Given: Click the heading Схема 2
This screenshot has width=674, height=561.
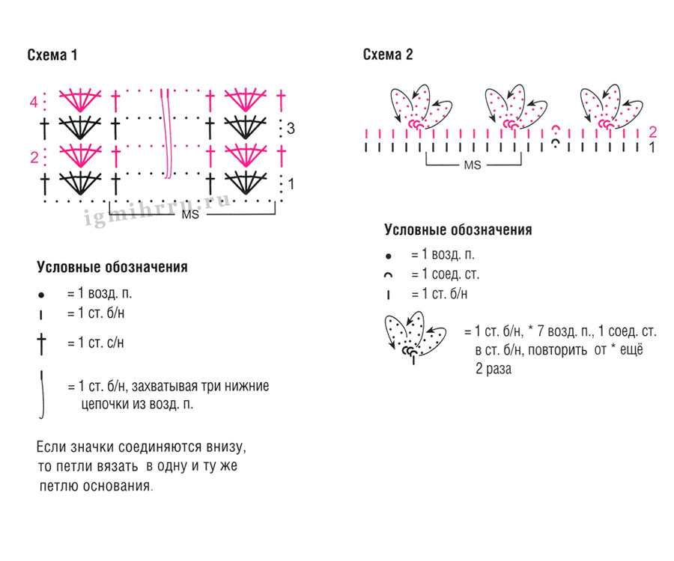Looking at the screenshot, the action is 388,55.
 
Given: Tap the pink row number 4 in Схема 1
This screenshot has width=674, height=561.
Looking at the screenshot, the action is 34,102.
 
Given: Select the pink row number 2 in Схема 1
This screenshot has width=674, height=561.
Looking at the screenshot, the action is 34,158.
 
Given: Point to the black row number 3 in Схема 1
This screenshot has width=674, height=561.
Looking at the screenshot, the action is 291,129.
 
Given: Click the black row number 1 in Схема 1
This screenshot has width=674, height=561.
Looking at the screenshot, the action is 291,183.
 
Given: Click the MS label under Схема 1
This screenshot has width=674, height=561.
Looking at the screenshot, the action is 190,215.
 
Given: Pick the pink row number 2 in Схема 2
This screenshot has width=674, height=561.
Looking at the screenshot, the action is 652,132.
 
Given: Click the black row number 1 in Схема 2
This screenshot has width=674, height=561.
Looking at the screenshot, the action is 652,147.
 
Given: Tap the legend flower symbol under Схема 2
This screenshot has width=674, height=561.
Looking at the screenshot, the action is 413,336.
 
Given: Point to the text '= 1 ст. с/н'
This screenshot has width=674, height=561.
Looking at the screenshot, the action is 95,343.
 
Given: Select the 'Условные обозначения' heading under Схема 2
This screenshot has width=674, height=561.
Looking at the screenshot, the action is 458,230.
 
